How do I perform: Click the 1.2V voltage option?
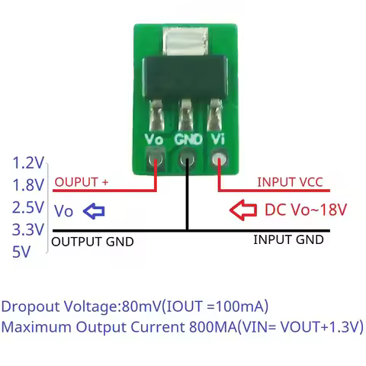(x=29, y=162)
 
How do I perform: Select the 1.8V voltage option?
(x=29, y=185)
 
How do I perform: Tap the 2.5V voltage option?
(x=29, y=207)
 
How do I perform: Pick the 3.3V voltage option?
(x=29, y=229)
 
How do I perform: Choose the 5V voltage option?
(x=21, y=252)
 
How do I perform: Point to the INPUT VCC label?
(x=289, y=182)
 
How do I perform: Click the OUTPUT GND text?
(x=92, y=242)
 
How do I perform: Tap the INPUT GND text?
(x=287, y=239)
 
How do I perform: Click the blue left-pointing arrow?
(x=94, y=211)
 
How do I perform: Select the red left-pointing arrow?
(x=244, y=210)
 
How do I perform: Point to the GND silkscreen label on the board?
(x=187, y=140)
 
